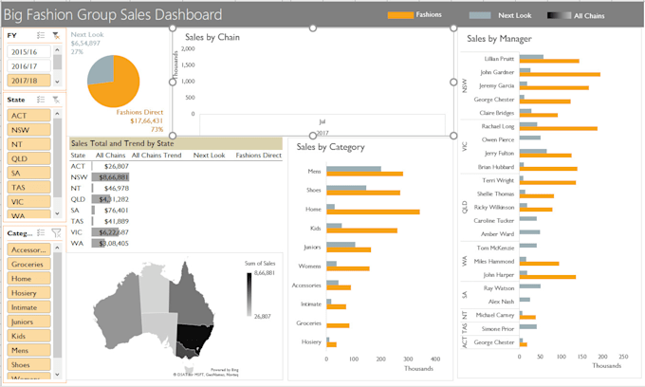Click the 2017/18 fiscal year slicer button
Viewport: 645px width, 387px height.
[28, 82]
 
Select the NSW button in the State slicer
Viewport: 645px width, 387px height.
[28, 129]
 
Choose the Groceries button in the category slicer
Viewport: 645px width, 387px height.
[28, 265]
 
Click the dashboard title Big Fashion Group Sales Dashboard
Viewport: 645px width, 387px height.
[114, 14]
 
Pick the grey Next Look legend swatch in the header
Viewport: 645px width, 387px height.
[480, 15]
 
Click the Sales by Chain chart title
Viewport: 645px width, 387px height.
[212, 37]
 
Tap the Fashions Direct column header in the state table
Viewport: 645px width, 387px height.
[258, 155]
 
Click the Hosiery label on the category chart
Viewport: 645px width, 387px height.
[310, 341]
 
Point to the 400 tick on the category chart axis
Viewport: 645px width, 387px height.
[435, 359]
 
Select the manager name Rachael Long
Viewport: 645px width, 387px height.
[498, 125]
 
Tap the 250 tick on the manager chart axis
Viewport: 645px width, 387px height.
[623, 359]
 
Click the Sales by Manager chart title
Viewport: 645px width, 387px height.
[499, 39]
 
